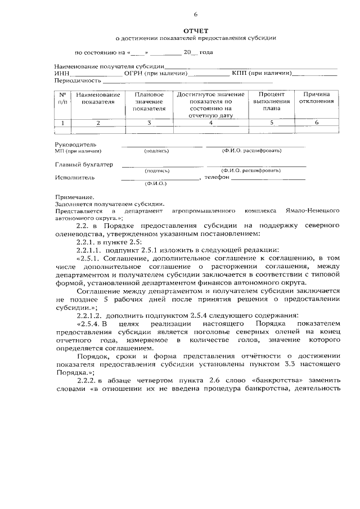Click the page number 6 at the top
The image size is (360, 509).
[x=195, y=14]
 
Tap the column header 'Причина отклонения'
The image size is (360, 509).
[x=317, y=98]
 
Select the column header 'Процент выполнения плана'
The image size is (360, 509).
[x=271, y=102]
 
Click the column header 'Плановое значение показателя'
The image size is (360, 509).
[x=149, y=102]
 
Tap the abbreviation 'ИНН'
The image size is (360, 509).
[x=62, y=73]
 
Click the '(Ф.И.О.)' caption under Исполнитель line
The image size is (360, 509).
[x=154, y=184]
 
